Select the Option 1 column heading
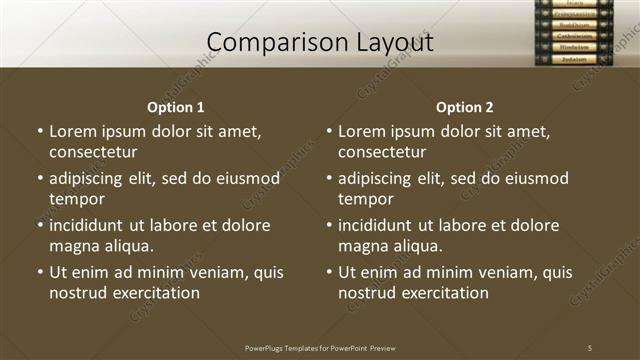[x=176, y=107]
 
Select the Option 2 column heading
[x=465, y=107]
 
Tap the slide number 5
[x=590, y=348]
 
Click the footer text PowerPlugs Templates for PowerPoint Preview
[x=320, y=348]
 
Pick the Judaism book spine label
[x=574, y=59]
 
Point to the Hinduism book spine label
[x=574, y=47]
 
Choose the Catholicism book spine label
[x=574, y=35]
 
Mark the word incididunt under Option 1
[x=93, y=225]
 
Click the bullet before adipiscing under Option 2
[x=329, y=179]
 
